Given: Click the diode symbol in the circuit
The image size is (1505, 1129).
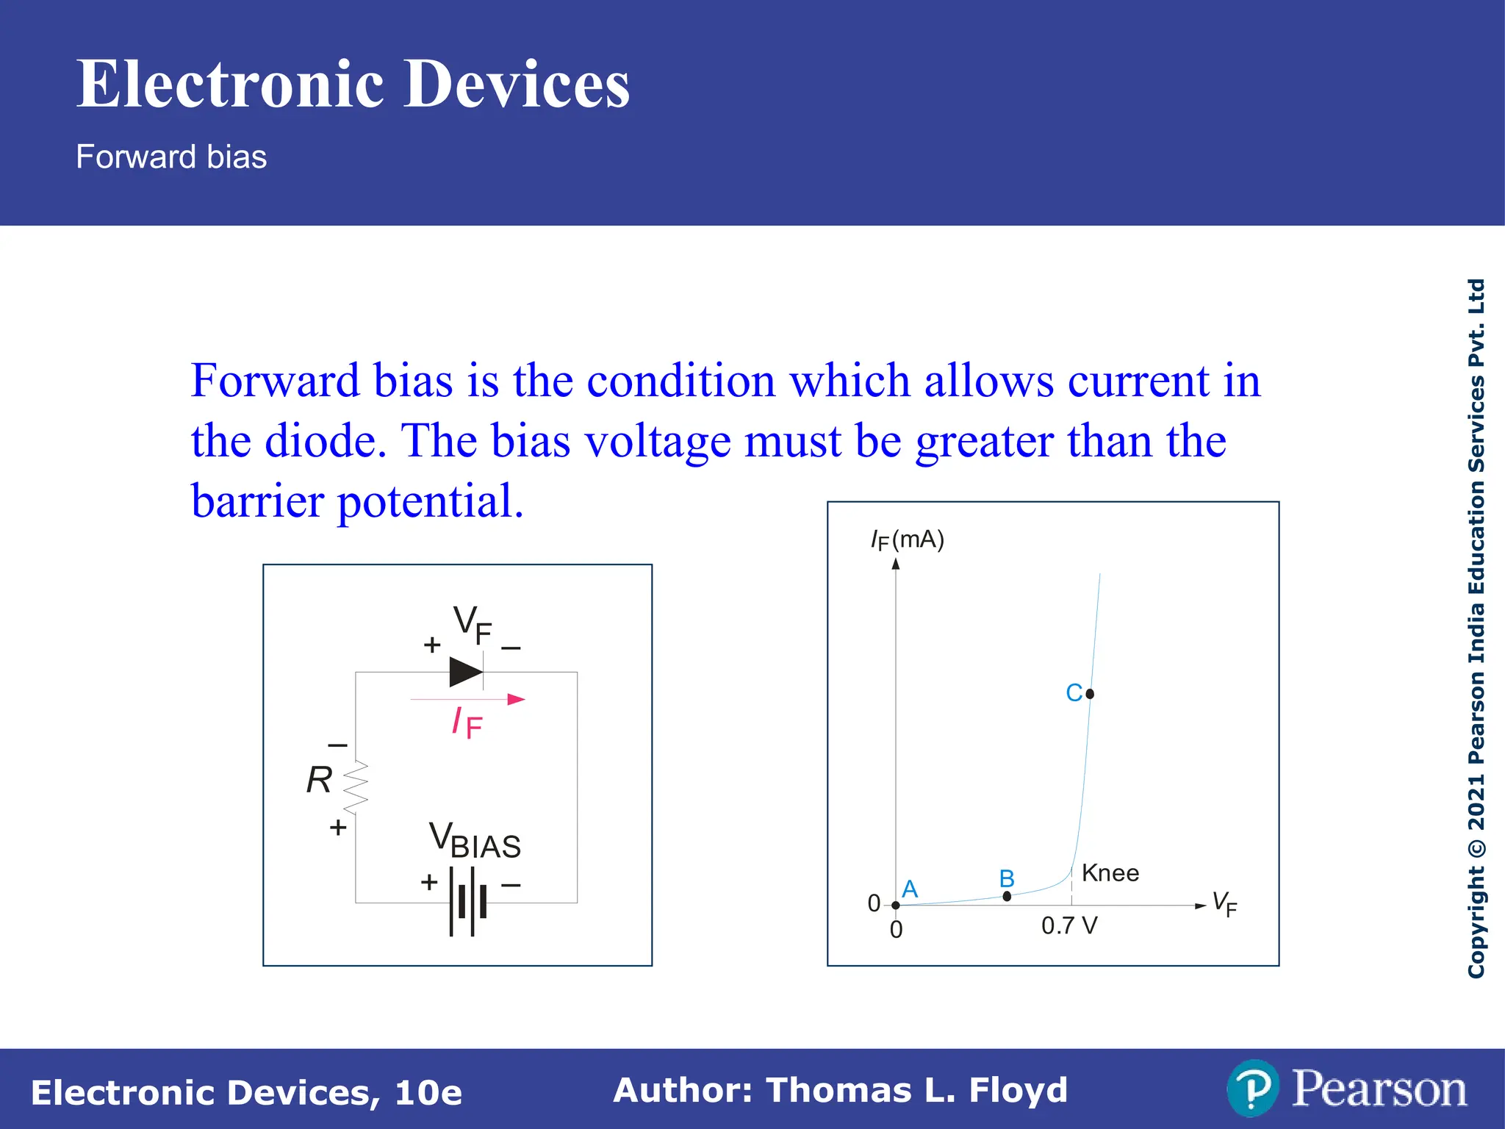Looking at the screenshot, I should coord(466,672).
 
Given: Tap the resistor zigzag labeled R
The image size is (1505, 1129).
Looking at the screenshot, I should coord(356,787).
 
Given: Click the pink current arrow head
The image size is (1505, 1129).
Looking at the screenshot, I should coord(517,699).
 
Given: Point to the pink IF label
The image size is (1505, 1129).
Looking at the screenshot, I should coord(467,723).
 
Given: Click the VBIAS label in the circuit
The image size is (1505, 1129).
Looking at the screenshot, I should coord(475,841).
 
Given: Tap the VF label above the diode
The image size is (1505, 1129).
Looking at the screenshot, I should coord(472,624).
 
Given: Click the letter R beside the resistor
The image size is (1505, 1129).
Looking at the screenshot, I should coord(319,780).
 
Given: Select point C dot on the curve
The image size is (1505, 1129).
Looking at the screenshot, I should coord(1090,693).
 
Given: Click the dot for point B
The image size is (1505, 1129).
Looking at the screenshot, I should coord(1007,896).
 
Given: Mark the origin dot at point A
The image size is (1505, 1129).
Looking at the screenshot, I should coord(896,905).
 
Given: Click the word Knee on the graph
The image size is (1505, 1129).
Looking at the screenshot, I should coord(1110,873).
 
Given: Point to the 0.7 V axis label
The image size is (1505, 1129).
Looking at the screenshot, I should coord(1069,925).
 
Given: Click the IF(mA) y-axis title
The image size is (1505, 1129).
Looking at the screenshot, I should coord(907,540).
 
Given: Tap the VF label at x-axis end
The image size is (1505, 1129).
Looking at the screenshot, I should coord(1224,903).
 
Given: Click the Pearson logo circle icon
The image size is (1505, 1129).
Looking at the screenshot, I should coord(1252,1089).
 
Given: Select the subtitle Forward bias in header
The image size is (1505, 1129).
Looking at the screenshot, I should coord(171,157).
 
